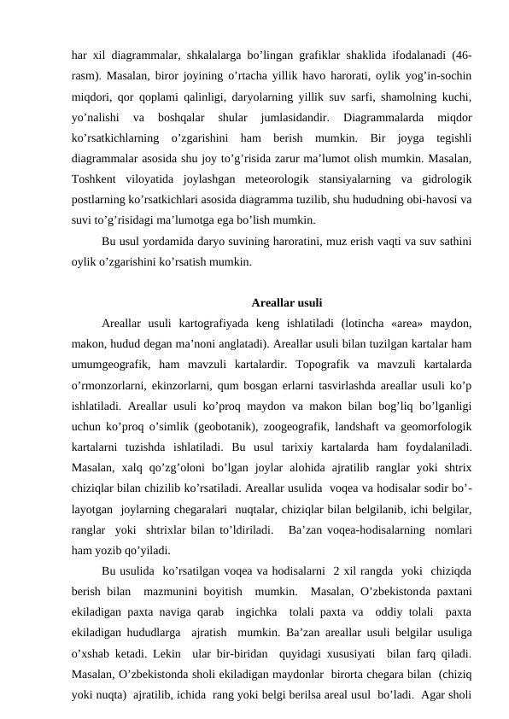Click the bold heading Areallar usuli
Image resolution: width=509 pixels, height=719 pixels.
coord(287,301)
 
